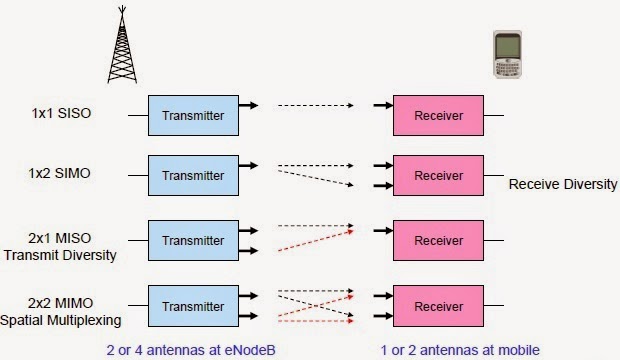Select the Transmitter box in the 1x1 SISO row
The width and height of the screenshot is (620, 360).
(x=193, y=116)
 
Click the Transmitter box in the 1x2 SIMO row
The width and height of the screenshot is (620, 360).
(x=193, y=175)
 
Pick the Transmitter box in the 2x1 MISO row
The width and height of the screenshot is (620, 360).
(x=193, y=240)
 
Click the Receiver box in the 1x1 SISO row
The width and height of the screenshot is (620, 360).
(x=438, y=116)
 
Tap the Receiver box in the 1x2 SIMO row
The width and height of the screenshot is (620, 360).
(x=438, y=175)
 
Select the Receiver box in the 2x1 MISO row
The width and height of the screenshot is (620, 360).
(x=438, y=240)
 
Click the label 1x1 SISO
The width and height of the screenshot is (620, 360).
(x=61, y=115)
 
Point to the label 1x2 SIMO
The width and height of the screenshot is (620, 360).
(x=61, y=174)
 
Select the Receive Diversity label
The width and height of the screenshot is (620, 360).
(x=563, y=185)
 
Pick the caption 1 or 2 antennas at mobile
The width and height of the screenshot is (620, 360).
(x=461, y=348)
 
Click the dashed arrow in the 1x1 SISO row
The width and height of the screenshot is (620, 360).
(x=316, y=104)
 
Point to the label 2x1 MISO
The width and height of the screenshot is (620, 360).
(x=61, y=238)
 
